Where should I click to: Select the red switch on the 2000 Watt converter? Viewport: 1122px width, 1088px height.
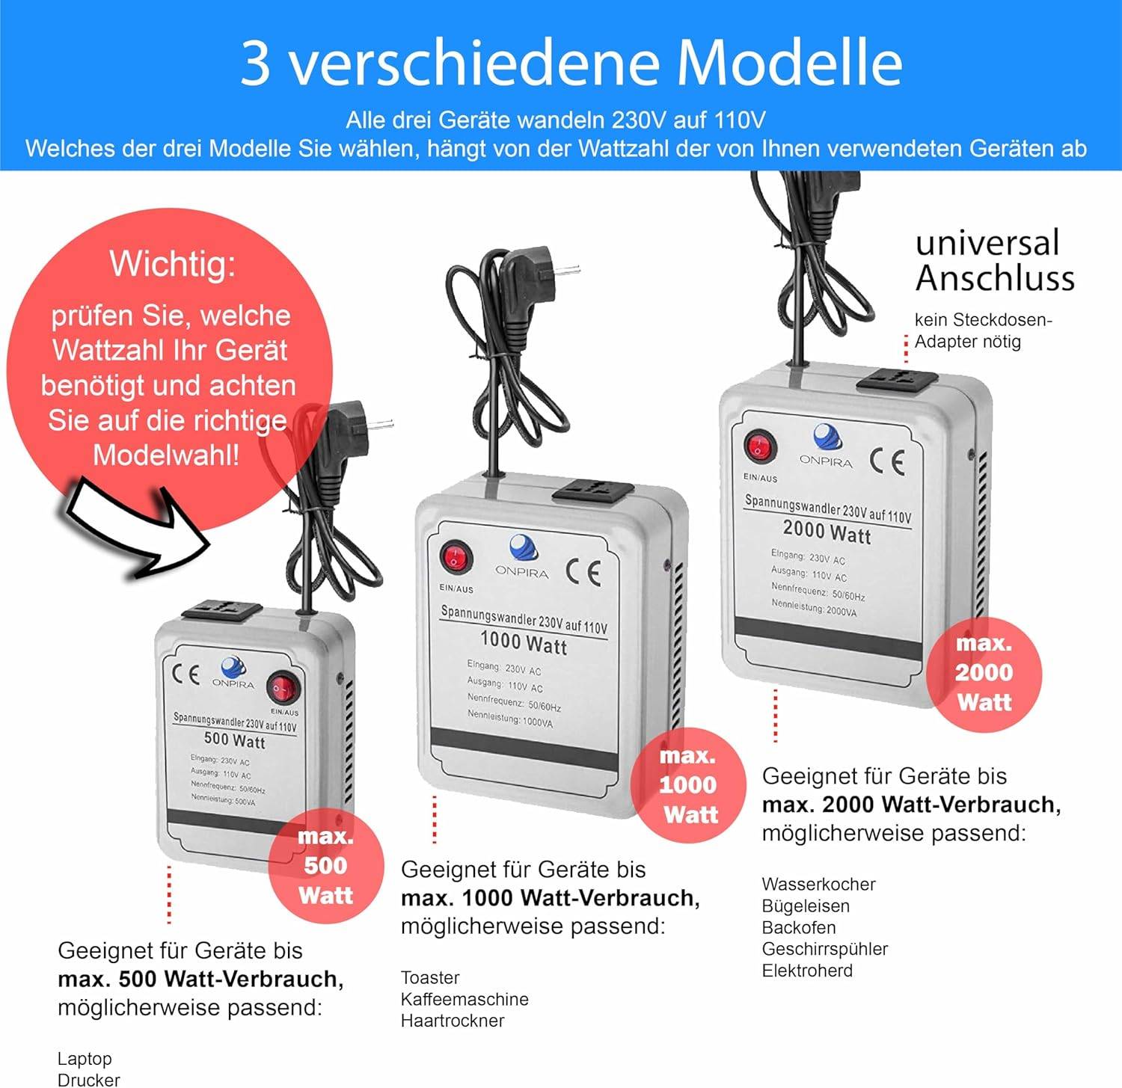point(760,447)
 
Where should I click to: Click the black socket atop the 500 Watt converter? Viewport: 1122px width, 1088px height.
point(221,612)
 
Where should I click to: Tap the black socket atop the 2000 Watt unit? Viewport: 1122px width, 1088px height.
point(897,381)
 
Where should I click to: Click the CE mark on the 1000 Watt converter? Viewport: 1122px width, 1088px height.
point(583,573)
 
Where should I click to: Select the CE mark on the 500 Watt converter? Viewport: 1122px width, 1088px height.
point(186,674)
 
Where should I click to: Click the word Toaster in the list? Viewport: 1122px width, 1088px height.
point(430,977)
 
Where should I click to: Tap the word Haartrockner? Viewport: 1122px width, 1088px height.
point(453,1021)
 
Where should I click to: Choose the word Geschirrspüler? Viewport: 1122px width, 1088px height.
point(824,949)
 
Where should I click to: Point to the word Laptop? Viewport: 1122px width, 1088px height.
point(85,1059)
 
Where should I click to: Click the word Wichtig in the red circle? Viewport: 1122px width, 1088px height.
point(172,263)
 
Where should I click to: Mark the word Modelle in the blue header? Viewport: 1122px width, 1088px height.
point(789,63)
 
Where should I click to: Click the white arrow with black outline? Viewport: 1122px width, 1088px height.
point(135,531)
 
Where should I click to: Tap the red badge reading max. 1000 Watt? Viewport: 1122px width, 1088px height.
point(688,784)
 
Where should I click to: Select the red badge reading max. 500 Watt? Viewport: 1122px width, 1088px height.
point(325,865)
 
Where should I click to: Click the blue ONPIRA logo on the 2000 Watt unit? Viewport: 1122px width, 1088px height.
point(827,436)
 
